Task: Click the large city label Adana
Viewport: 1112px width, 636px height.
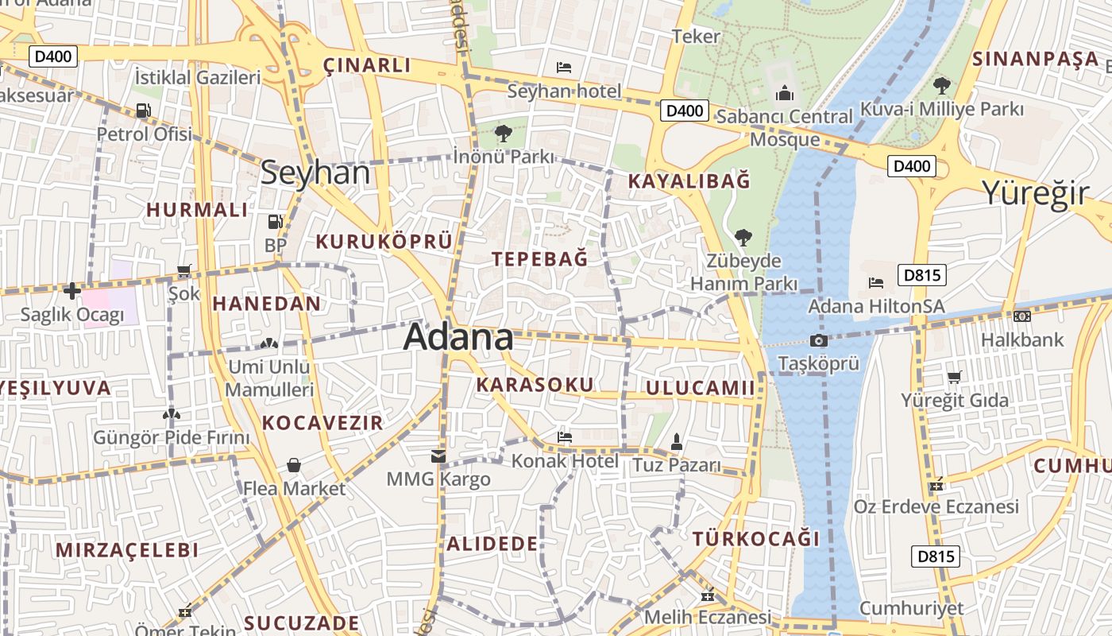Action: (458, 337)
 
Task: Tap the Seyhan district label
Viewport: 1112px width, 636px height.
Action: (315, 173)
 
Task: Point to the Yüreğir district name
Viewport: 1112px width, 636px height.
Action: (1034, 192)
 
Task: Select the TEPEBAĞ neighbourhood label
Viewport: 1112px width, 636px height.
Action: (540, 258)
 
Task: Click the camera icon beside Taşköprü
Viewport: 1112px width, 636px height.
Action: (818, 341)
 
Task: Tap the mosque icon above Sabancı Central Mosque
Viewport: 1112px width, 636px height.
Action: (785, 94)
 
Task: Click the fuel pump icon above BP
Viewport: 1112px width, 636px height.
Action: (275, 222)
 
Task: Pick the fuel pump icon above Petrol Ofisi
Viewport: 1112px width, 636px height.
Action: (144, 111)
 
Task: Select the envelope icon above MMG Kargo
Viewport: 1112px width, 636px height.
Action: (438, 456)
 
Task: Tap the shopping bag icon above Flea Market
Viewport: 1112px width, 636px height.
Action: (294, 465)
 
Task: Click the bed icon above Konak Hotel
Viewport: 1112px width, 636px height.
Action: (565, 436)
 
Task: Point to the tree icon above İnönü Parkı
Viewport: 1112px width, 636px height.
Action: (503, 133)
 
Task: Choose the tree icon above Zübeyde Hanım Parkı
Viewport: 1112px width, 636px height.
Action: (743, 237)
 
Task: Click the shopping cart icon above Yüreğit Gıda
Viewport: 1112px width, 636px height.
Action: (954, 377)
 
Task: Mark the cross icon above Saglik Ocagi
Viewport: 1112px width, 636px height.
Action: (72, 291)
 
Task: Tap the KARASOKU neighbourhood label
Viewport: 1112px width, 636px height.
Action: (535, 385)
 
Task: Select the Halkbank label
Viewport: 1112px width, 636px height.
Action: (1021, 339)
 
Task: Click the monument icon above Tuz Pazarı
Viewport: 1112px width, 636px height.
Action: (677, 441)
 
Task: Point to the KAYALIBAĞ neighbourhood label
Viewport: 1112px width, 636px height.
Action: (689, 181)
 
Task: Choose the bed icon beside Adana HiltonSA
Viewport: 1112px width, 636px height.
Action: (876, 282)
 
